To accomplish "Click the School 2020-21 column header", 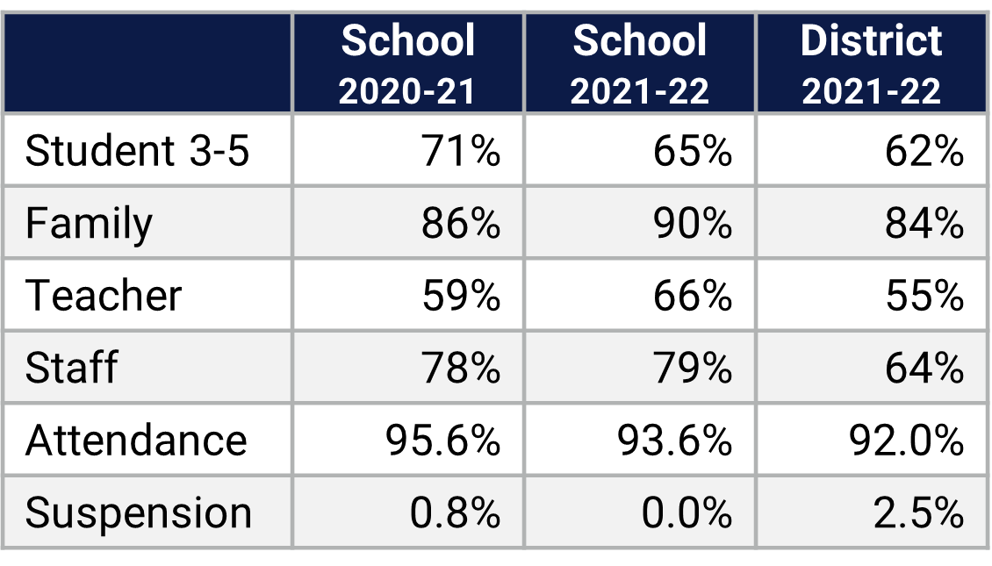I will [x=408, y=64].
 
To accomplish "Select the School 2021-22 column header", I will [x=639, y=64].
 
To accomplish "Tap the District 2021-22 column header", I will [x=871, y=64].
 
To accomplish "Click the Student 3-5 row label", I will [x=138, y=152].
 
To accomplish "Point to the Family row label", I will [x=89, y=224].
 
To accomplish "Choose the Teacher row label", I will [x=104, y=296].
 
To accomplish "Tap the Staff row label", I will [x=71, y=368].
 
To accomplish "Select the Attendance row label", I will [x=136, y=440].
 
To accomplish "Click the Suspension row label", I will [x=139, y=512].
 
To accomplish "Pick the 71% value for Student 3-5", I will [x=462, y=152].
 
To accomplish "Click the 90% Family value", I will [x=693, y=224].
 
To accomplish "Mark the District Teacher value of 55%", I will [x=924, y=296].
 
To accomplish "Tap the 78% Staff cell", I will [x=462, y=368].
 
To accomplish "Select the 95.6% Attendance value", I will [x=443, y=440].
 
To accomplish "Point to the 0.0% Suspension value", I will [x=686, y=512].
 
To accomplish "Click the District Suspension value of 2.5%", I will [x=918, y=512].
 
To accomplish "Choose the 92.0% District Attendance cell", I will [x=907, y=440].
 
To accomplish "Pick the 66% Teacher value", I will [x=693, y=296].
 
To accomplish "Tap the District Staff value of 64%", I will [x=924, y=368].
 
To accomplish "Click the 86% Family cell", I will [x=462, y=224].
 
